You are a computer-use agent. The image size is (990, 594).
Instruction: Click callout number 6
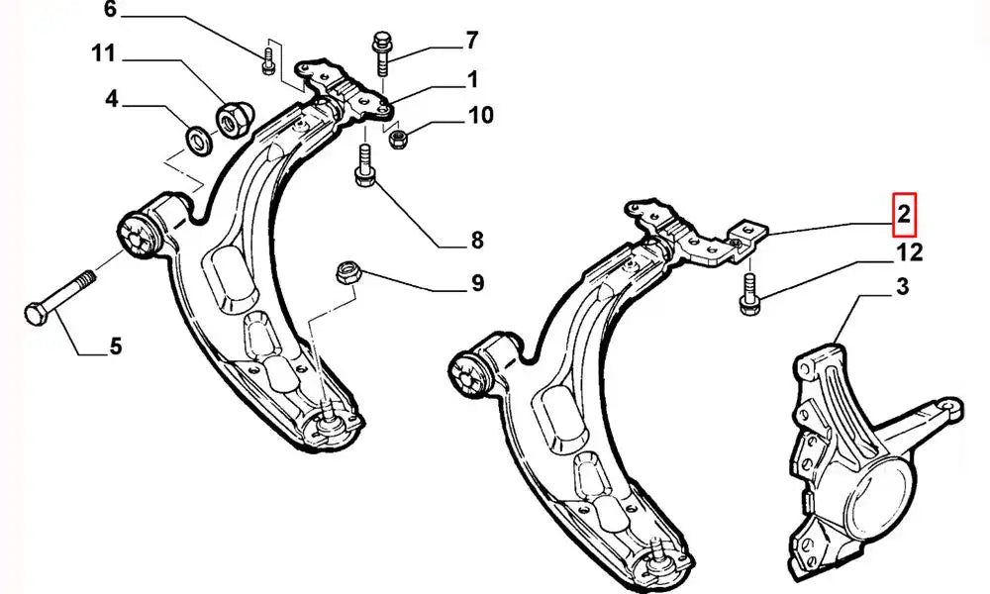point(109,11)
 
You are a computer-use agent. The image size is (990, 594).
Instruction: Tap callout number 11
point(105,53)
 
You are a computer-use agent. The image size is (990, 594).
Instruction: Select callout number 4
point(112,99)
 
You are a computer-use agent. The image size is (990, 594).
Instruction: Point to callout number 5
point(115,346)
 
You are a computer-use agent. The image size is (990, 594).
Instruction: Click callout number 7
point(471,41)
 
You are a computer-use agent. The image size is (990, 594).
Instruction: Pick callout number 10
point(480,117)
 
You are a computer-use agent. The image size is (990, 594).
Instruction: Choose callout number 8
point(476,240)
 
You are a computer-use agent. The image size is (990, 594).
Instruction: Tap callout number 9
point(477,285)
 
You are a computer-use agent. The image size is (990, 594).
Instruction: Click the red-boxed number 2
point(905,213)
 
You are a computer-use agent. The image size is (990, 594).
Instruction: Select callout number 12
point(909,253)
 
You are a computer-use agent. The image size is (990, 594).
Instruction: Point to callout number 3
point(902,289)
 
